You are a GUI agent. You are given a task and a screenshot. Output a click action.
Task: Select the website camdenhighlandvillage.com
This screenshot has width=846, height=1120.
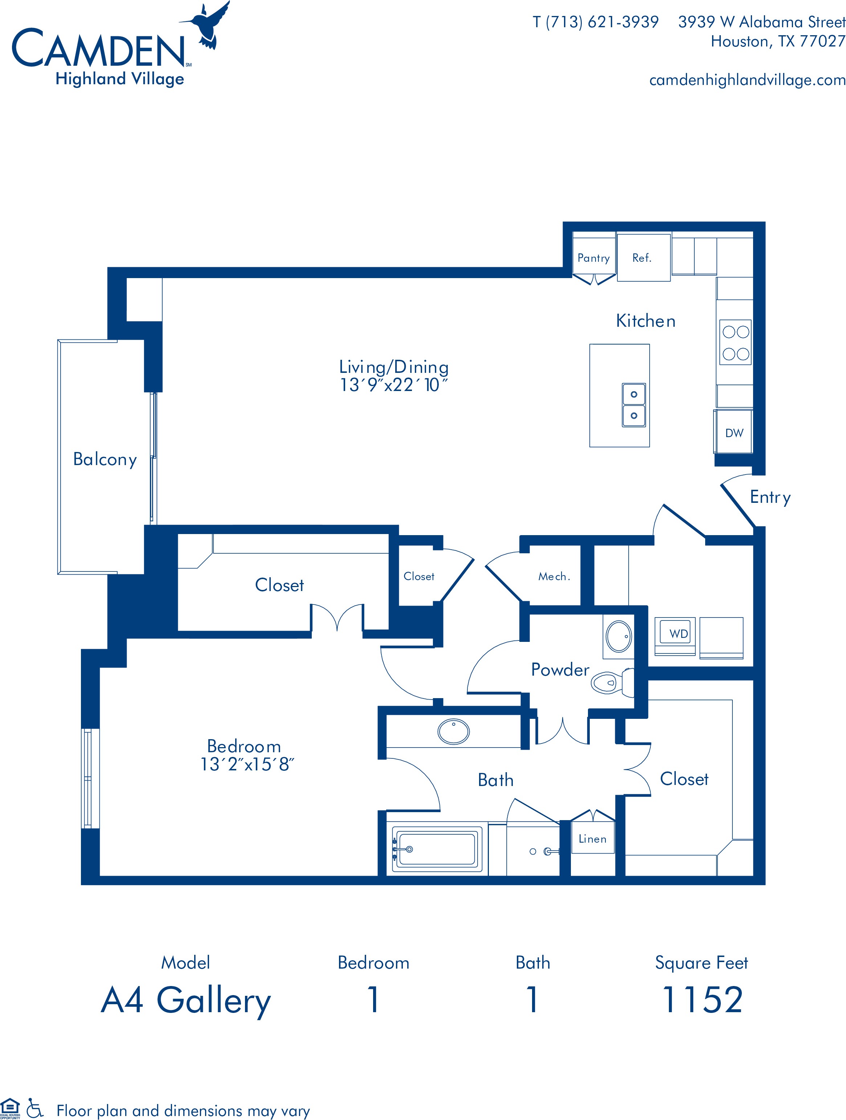tap(747, 80)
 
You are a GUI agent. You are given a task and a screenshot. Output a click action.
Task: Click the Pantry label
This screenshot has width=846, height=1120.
tap(593, 258)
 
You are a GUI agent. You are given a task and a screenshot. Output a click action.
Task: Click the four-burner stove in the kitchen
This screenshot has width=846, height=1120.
tap(735, 342)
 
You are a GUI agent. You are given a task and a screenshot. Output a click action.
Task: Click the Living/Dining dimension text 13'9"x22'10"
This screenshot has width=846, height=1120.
tap(394, 385)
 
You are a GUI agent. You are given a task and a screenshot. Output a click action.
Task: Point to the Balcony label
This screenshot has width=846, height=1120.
tap(105, 459)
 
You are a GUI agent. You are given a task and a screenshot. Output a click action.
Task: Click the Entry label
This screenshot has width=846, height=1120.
tap(770, 497)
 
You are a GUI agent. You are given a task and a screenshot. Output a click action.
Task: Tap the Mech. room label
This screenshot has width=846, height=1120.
tap(554, 576)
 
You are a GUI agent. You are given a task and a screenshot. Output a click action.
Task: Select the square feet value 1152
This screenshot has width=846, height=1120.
tap(702, 999)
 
